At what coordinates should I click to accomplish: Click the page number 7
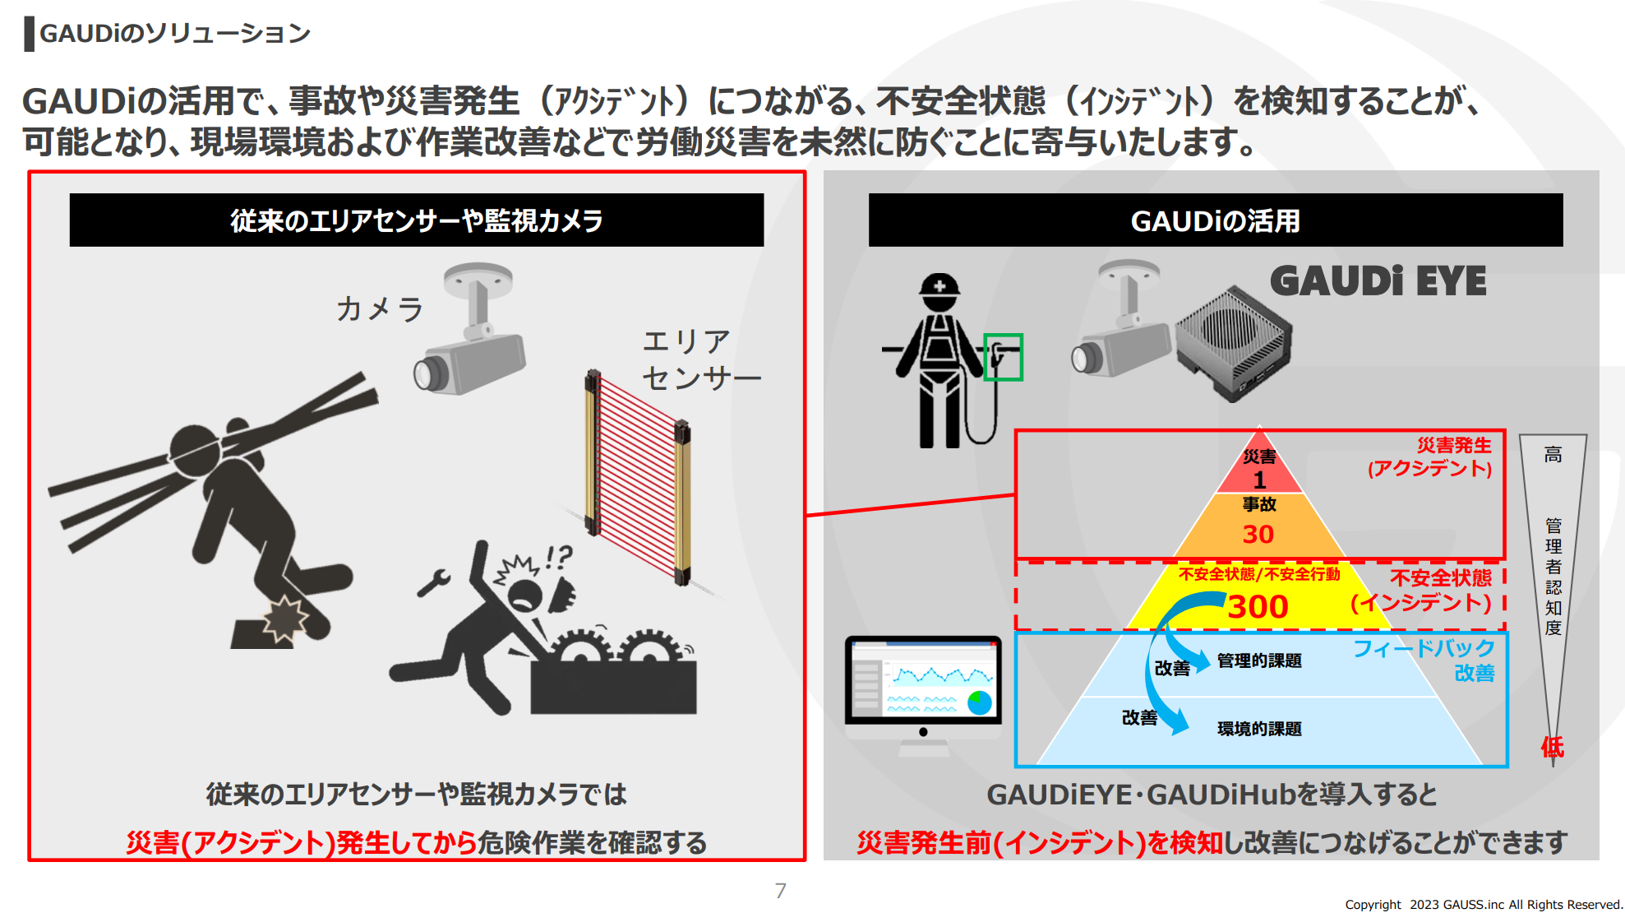pyautogui.click(x=780, y=891)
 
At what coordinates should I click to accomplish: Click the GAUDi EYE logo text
pyautogui.click(x=1378, y=281)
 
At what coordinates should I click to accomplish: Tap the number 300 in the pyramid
pyautogui.click(x=1258, y=607)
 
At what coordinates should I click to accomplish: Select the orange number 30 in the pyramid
pyautogui.click(x=1258, y=535)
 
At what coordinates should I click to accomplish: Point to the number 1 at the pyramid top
pyautogui.click(x=1259, y=480)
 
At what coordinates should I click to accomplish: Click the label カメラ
pyautogui.click(x=379, y=309)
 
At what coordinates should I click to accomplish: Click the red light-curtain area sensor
pyautogui.click(x=638, y=477)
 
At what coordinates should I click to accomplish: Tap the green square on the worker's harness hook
pyautogui.click(x=1003, y=357)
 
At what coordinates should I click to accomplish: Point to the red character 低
pyautogui.click(x=1552, y=747)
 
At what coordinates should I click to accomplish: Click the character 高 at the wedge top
pyautogui.click(x=1553, y=455)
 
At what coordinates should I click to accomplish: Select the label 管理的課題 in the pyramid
pyautogui.click(x=1259, y=660)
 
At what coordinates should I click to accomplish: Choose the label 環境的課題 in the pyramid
pyautogui.click(x=1259, y=729)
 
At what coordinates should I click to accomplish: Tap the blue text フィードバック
pyautogui.click(x=1424, y=649)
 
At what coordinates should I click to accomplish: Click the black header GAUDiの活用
pyautogui.click(x=1215, y=220)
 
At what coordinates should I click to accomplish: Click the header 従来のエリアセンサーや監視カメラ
pyautogui.click(x=416, y=220)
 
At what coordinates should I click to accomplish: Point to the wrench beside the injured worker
pyautogui.click(x=433, y=582)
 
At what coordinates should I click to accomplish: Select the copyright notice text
pyautogui.click(x=1483, y=905)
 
